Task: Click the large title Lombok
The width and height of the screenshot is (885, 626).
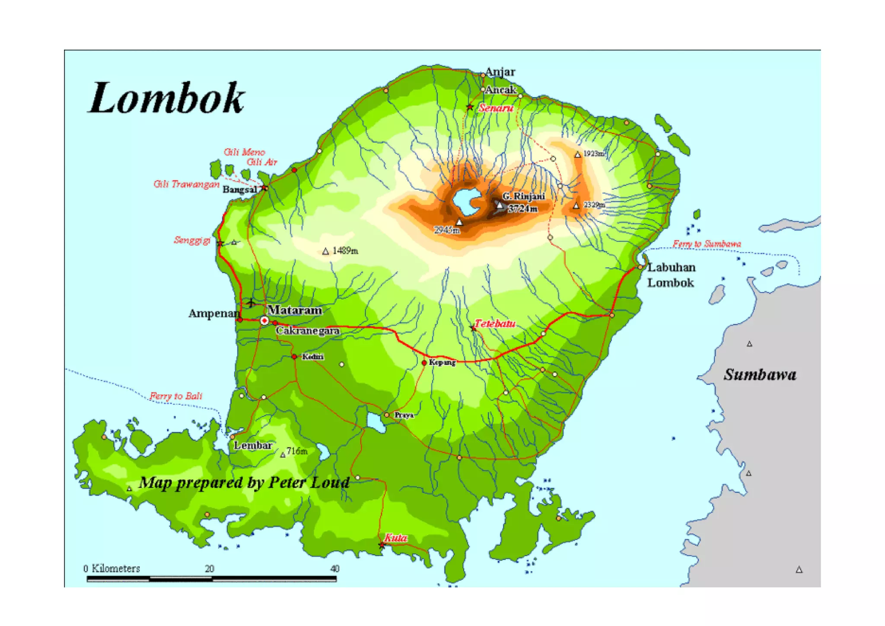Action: [166, 99]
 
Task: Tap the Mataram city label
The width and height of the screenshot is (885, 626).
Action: [294, 310]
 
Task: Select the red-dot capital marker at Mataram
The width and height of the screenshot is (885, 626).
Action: [264, 321]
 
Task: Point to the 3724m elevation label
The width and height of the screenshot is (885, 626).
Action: [523, 208]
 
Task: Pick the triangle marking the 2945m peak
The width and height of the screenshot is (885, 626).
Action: [460, 222]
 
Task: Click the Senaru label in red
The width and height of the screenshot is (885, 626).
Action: [496, 108]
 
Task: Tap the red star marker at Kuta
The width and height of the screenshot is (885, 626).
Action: [382, 546]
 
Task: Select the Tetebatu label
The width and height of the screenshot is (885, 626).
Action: [495, 323]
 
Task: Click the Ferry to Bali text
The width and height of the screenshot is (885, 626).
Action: [176, 396]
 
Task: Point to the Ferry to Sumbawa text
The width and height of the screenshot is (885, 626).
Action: [707, 244]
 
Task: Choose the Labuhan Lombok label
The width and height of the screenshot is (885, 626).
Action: [671, 275]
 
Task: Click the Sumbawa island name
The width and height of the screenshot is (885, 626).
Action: [760, 374]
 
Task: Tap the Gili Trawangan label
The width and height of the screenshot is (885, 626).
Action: [187, 184]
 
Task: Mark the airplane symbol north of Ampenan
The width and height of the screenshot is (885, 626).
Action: [251, 303]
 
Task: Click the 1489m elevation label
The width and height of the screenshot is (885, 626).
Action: [345, 251]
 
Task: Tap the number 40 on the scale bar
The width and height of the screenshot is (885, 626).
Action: [334, 569]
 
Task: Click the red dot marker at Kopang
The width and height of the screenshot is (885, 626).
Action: [424, 363]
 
